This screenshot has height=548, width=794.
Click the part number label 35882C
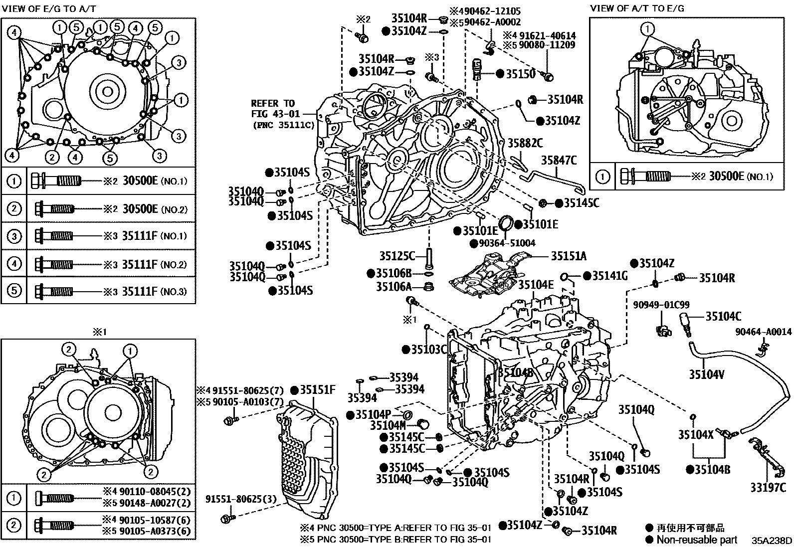coord(525,143)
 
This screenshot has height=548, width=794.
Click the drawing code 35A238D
coord(772,541)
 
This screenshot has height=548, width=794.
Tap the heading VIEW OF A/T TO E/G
coord(637,8)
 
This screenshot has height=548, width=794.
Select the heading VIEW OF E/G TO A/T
coord(48,8)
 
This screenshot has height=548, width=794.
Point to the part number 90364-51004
coord(503,243)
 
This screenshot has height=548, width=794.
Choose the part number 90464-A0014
coord(764,332)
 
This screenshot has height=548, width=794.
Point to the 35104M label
coord(388,425)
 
